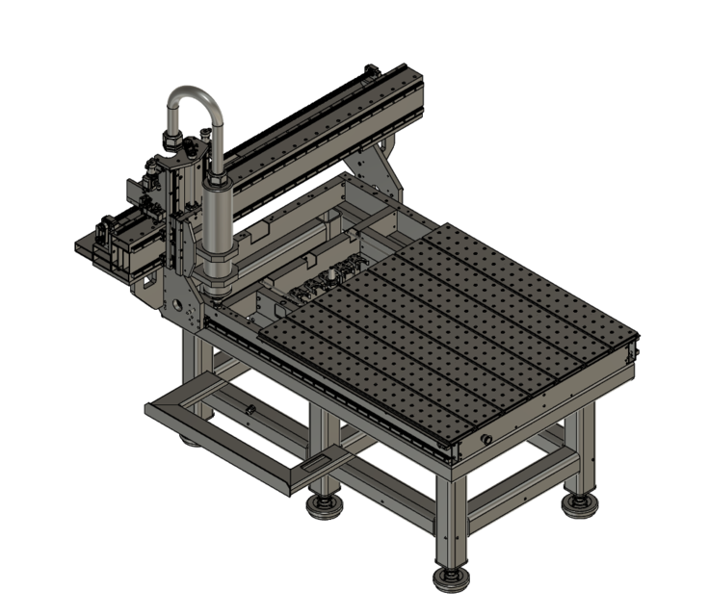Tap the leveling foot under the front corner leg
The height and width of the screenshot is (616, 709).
coord(449,577)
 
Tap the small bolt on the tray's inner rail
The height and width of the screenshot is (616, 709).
coord(249,411)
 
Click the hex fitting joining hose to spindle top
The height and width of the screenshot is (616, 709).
coord(216,180)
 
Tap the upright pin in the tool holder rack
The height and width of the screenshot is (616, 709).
coord(328,274)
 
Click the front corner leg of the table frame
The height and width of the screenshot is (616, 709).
coord(450,520)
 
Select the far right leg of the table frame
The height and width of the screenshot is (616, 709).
coord(583,452)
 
